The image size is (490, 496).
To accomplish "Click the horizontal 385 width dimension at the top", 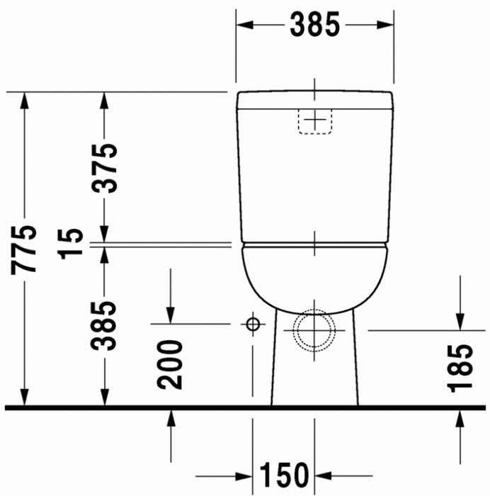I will pos(314,25).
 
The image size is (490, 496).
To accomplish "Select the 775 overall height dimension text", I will pos(25,249).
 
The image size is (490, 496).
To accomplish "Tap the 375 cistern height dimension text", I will pos(106,168).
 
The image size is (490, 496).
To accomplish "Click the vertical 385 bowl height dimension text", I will pos(106,327).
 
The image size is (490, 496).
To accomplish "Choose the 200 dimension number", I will pos(171,363).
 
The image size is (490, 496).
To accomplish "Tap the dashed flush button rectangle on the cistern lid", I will pos(316,121).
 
